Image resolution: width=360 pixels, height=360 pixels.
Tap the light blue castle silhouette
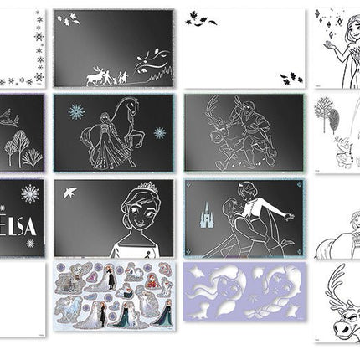[x=207, y=214]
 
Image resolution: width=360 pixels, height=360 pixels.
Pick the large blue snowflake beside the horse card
[x=76, y=111]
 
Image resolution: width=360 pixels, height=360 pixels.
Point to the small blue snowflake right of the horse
[x=160, y=133]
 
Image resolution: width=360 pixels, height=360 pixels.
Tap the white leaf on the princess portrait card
[x=69, y=193]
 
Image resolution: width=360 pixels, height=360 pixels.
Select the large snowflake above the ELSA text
[x=30, y=194]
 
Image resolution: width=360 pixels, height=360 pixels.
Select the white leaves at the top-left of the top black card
[x=69, y=19]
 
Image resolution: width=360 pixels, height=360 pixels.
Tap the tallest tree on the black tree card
[x=20, y=147]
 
